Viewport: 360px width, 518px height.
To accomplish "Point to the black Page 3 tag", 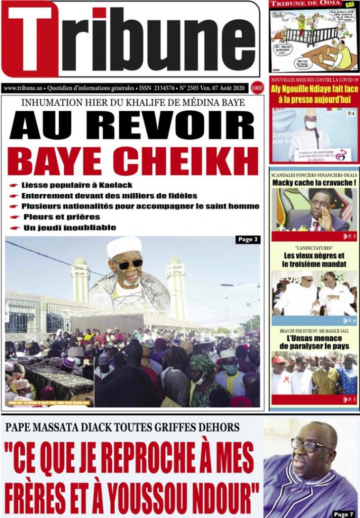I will pos(248,240).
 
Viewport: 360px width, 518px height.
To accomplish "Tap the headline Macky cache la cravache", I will pos(314,183).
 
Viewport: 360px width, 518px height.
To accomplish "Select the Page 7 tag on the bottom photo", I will pos(343,514).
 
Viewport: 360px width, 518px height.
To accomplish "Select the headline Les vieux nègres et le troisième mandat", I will pos(314,260).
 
